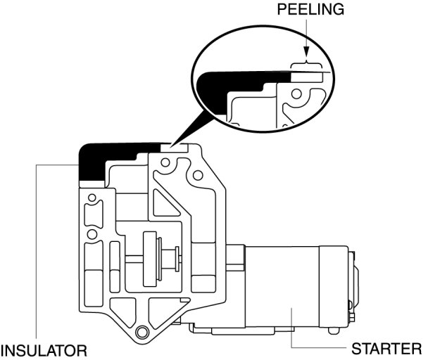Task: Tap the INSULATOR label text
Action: [44, 349]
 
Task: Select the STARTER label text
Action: [386, 349]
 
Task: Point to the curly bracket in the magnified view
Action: [308, 66]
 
